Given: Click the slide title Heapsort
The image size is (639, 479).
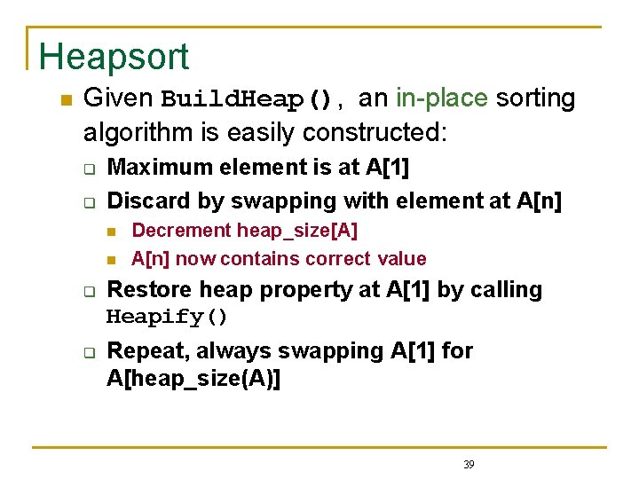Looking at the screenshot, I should click(x=114, y=57).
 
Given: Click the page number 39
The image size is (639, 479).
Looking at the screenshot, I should click(x=469, y=464).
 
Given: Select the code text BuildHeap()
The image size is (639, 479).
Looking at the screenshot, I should click(x=248, y=98).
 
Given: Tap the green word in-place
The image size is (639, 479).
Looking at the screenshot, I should click(x=442, y=98).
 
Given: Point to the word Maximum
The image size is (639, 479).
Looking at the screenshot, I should click(x=154, y=167).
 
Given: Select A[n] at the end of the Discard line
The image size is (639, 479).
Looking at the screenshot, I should click(x=539, y=200).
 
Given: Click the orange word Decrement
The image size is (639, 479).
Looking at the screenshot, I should click(x=181, y=231).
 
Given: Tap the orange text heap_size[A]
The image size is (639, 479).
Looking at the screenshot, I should click(x=297, y=231).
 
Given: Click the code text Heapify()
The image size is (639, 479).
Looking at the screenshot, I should click(x=168, y=317).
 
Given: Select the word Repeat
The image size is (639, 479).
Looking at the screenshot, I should click(x=142, y=350).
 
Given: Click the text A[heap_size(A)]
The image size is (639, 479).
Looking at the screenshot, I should click(x=193, y=379).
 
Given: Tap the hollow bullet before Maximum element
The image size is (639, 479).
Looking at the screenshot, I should click(x=89, y=169).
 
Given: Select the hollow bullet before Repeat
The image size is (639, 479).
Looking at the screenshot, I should click(x=89, y=352).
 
